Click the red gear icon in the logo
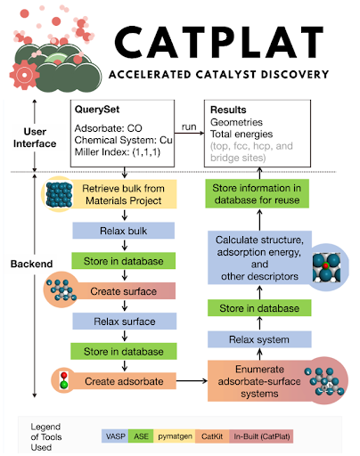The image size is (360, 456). (24, 75)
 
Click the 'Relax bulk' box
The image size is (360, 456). (124, 231)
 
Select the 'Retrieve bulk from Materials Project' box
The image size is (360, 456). (124, 194)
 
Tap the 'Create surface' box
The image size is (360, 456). (124, 291)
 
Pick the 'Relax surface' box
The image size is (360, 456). (125, 322)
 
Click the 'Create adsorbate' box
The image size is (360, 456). (124, 381)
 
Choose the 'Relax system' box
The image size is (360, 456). (259, 339)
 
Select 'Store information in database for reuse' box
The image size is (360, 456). (257, 193)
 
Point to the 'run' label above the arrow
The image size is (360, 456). (189, 126)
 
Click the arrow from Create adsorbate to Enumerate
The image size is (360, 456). (192, 380)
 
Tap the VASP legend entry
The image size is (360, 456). (115, 436)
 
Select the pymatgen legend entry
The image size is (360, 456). (175, 436)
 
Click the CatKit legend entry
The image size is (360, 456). (212, 436)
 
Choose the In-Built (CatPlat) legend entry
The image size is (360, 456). (261, 436)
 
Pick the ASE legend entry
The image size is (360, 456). (141, 436)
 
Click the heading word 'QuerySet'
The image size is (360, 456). (97, 110)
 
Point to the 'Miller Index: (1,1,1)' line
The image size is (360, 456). (118, 152)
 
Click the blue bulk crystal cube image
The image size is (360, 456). (59, 195)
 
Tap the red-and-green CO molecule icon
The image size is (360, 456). (63, 380)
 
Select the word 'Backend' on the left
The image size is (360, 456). (31, 264)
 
